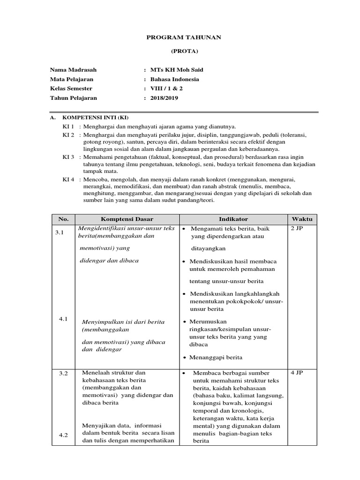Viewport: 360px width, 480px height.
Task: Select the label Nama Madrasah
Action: [x=73, y=70]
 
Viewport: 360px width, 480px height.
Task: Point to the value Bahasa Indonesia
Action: [x=174, y=79]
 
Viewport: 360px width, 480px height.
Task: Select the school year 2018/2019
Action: [x=164, y=98]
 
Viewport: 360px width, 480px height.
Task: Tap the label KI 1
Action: [x=68, y=127]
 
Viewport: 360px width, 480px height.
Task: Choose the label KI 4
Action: [x=68, y=180]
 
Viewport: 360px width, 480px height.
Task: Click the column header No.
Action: [x=63, y=219]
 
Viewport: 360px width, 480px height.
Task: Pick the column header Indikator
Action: [x=233, y=219]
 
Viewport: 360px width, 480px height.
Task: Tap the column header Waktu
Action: [x=302, y=219]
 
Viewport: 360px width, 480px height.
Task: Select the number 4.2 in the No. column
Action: [x=63, y=435]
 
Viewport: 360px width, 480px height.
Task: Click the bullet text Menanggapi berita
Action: [x=216, y=357]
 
